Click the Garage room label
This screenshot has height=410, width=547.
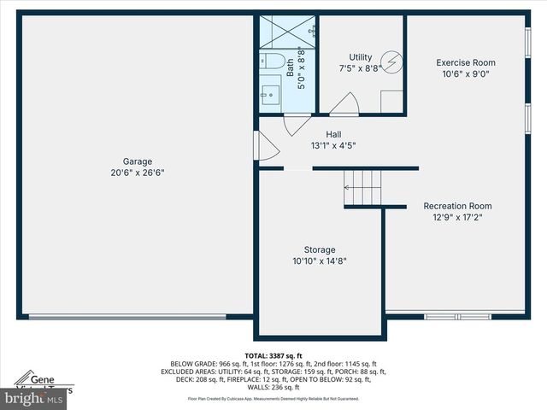pyautogui.click(x=137, y=161)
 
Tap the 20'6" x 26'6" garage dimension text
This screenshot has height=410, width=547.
pyautogui.click(x=137, y=173)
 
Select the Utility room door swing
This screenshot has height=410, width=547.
pyautogui.click(x=344, y=105)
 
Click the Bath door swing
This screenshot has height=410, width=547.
pyautogui.click(x=296, y=121)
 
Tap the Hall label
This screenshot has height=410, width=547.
pyautogui.click(x=334, y=134)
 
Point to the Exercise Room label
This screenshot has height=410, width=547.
pyautogui.click(x=465, y=62)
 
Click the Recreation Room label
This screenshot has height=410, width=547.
pyautogui.click(x=458, y=206)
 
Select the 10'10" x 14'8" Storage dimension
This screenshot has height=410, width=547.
pyautogui.click(x=320, y=261)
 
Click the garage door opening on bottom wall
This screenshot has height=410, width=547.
pyautogui.click(x=128, y=318)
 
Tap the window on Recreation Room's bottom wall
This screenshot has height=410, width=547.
pyautogui.click(x=457, y=317)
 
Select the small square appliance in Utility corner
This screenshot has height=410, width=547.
pyautogui.click(x=391, y=101)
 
